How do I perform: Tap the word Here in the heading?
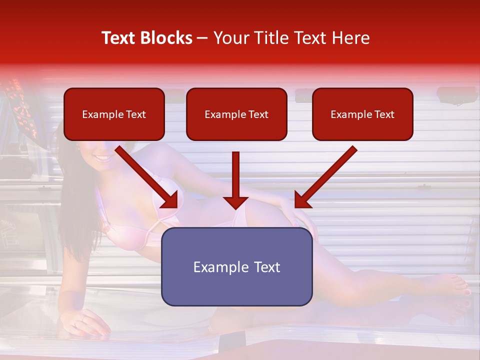350,38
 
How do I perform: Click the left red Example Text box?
114,114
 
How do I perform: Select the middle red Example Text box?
236,114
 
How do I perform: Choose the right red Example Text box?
362,114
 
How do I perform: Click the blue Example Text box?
236,267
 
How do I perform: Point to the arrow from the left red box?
147,177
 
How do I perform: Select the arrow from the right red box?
325,177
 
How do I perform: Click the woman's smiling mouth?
102,158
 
